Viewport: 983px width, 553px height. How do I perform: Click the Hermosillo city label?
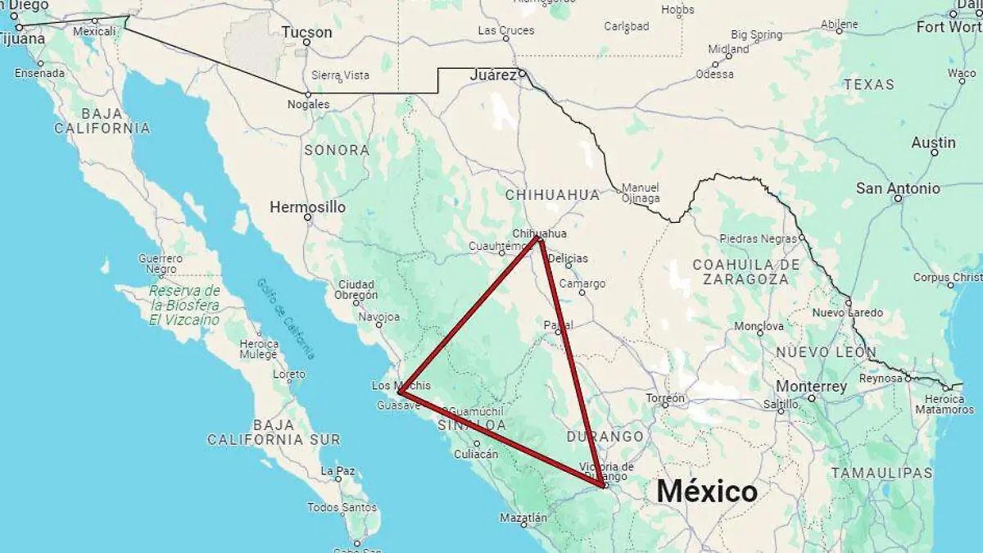click(307, 207)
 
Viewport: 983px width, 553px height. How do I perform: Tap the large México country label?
click(707, 491)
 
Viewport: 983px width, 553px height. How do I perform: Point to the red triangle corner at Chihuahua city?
click(539, 239)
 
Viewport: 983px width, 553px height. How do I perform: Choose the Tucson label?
click(306, 33)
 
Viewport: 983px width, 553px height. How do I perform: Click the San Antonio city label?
click(898, 188)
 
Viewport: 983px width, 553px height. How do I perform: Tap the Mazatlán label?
click(523, 518)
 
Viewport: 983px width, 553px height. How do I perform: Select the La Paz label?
click(337, 471)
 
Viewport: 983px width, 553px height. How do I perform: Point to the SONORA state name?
click(337, 150)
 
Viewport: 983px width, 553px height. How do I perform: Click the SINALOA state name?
click(471, 425)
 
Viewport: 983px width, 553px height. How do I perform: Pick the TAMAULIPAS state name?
click(881, 473)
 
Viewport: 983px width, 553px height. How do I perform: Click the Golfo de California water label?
click(285, 318)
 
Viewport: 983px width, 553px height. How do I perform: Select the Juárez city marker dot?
click(521, 74)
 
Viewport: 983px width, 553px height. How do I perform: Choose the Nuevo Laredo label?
click(847, 313)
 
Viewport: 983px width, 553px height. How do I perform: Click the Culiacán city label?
click(476, 453)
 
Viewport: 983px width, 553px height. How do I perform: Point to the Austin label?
click(933, 143)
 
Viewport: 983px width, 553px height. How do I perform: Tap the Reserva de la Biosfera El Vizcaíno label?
click(184, 306)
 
